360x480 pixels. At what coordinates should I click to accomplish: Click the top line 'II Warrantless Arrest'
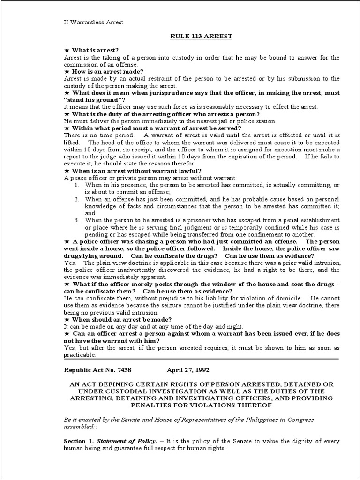pos(94,22)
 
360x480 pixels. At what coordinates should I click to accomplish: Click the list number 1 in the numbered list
pos(77,185)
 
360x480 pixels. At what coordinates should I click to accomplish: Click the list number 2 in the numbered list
pos(77,199)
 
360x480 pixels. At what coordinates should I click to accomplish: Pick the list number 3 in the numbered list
pos(77,220)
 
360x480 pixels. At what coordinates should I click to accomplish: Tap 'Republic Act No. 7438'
pos(97,370)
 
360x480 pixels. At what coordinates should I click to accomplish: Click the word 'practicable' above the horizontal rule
pos(81,355)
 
